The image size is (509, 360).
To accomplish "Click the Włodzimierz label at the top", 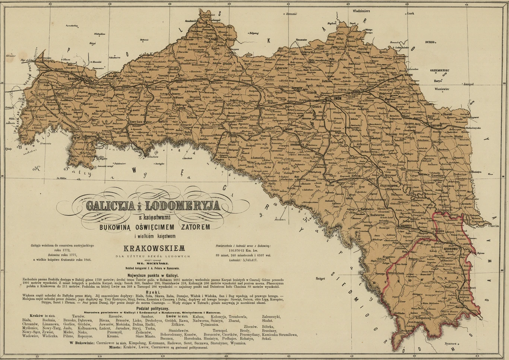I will click(x=358, y=11).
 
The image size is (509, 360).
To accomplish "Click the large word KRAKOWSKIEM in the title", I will click(x=154, y=248).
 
